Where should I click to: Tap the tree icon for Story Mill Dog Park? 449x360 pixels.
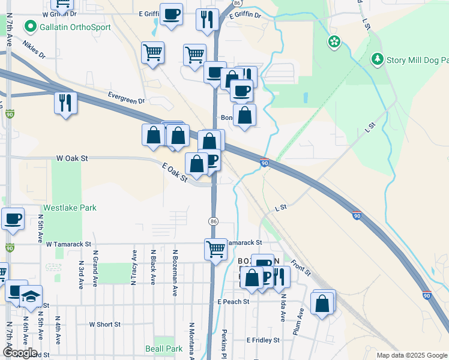(377, 59)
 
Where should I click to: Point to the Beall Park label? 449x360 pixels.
(164, 349)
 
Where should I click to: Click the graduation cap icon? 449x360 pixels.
(31, 295)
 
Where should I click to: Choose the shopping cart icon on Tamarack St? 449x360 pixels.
(215, 248)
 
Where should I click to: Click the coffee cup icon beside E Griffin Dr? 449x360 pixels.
(171, 14)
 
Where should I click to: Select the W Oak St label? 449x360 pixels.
(72, 158)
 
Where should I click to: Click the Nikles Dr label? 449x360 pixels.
(34, 50)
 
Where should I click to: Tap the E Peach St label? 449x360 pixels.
(234, 301)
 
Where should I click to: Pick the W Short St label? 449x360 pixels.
(105, 325)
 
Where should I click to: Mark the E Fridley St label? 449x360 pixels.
(263, 340)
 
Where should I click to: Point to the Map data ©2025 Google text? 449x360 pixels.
(411, 355)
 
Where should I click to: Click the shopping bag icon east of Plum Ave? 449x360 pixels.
(322, 303)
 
